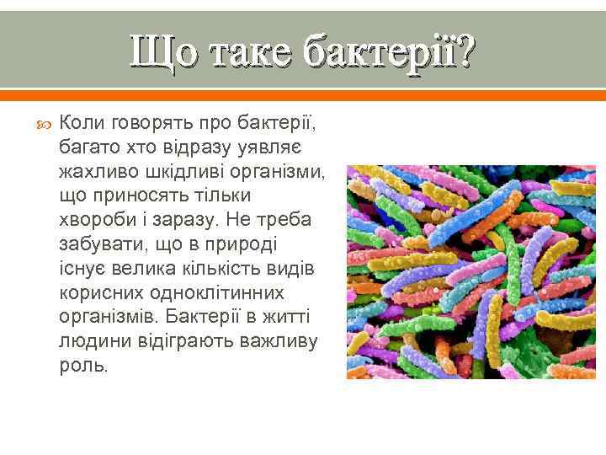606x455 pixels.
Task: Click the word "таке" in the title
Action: (247, 51)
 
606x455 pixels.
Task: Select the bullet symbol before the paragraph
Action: (45, 125)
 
